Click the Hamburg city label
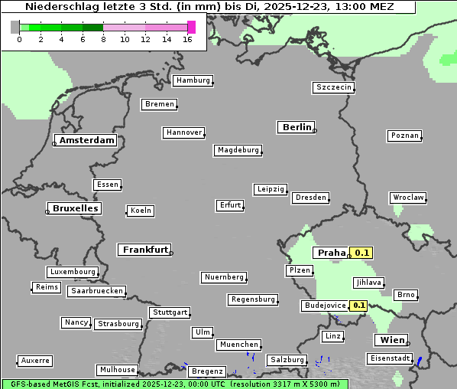(193, 80)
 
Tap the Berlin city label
(297, 127)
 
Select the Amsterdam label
(86, 140)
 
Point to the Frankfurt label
(144, 250)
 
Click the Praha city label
(331, 253)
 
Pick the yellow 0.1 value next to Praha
(361, 253)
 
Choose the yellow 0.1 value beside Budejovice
(358, 306)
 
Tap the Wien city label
(390, 340)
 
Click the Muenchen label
(238, 345)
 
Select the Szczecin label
(334, 87)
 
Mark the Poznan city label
(404, 136)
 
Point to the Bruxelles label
(74, 208)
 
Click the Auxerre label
(35, 360)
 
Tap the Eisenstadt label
(390, 358)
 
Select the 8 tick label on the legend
(103, 39)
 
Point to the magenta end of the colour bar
(191, 27)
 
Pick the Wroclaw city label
(408, 198)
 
